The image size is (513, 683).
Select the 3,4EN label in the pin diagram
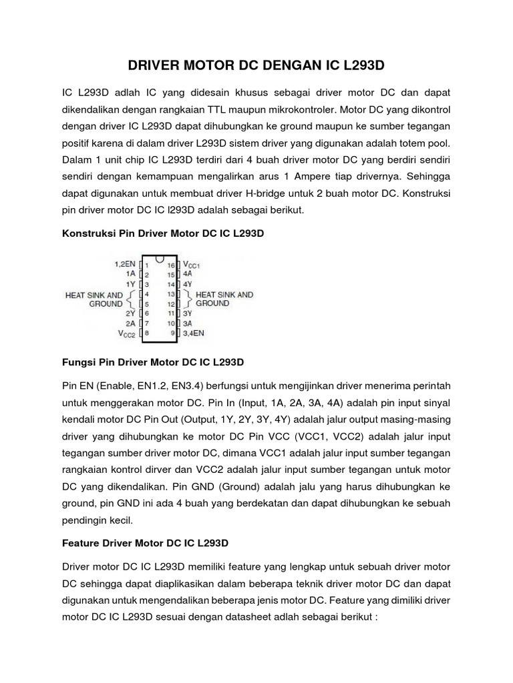(194, 331)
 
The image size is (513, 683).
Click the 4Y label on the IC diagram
(187, 283)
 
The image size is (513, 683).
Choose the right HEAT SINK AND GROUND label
(222, 298)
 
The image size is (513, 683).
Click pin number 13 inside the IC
(170, 293)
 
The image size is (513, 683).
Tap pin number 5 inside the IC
(146, 303)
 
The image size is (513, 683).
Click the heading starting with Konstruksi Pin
(163, 234)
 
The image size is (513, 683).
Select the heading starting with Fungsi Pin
(153, 363)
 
